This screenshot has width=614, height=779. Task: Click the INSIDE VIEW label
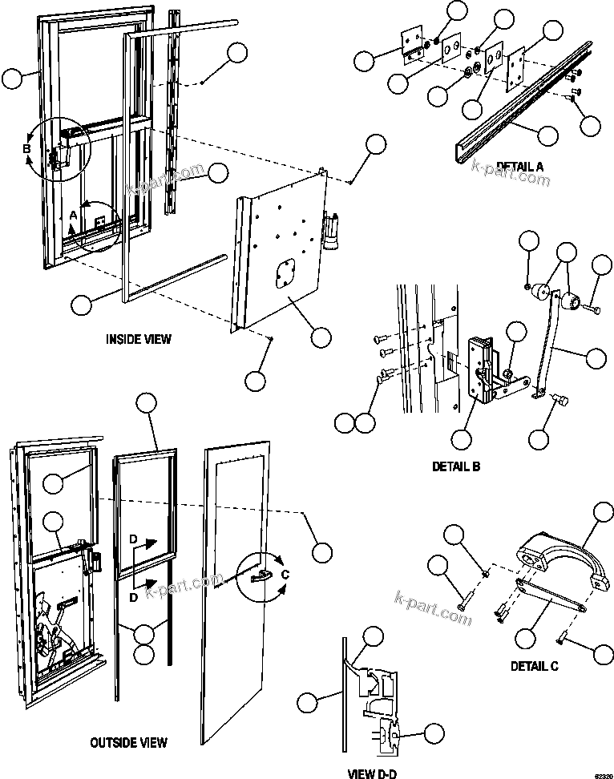pos(138,339)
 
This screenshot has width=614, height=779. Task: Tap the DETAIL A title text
pos(519,167)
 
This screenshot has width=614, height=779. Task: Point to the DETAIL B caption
pos(455,466)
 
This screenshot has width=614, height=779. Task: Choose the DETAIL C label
pos(535,665)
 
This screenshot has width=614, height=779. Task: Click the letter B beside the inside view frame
pos(26,148)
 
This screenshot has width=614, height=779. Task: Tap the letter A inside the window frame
pos(73,216)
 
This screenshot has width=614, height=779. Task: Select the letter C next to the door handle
pos(286,574)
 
